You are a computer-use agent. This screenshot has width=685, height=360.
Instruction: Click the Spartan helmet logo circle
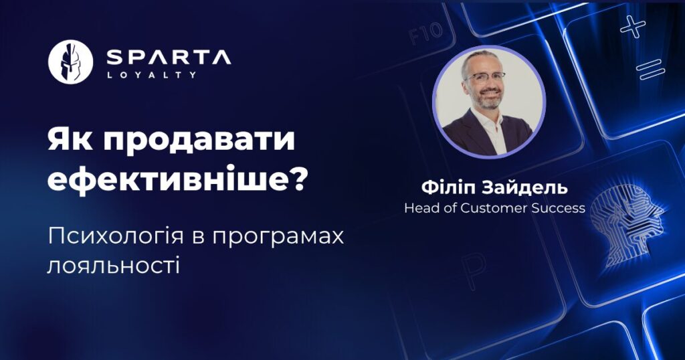click(70, 62)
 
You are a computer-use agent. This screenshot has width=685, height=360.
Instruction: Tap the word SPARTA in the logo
click(169, 58)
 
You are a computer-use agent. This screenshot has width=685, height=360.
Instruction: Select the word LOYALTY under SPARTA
click(151, 75)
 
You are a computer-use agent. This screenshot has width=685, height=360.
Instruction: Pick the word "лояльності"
click(113, 265)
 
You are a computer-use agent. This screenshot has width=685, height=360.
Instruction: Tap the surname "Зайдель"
click(524, 188)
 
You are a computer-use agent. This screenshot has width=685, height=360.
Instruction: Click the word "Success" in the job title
click(559, 208)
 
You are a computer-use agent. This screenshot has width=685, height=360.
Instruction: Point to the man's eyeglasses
click(486, 76)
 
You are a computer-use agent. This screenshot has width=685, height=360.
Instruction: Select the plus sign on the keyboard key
click(633, 26)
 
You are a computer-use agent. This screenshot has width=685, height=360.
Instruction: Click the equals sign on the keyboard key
click(650, 70)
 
